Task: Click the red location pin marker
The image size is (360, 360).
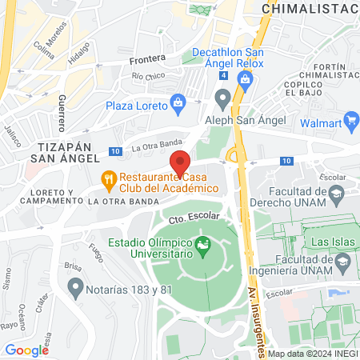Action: tap(181, 162)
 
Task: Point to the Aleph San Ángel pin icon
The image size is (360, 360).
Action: tap(222, 98)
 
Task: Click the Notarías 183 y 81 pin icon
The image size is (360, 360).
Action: tap(76, 286)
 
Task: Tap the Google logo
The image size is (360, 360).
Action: tap(27, 350)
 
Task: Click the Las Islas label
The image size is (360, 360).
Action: tap(330, 241)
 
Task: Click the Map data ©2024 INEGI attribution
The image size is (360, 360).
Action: tap(312, 354)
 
